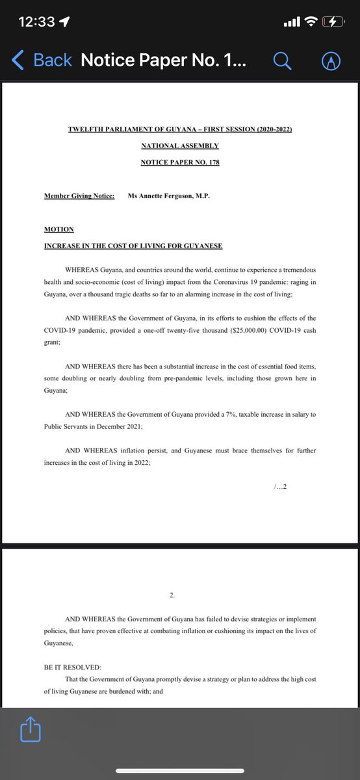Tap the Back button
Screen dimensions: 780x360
42,60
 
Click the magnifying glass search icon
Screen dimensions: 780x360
281,60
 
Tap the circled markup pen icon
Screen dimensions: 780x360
331,60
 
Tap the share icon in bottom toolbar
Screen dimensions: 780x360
31,729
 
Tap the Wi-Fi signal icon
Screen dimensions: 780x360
311,22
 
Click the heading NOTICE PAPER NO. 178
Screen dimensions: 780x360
180,162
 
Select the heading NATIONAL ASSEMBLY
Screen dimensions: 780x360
180,146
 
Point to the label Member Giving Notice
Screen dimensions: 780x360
79,196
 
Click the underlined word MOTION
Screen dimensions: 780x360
59,229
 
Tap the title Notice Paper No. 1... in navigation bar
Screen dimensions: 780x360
163,60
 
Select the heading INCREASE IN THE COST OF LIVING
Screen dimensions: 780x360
133,246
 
